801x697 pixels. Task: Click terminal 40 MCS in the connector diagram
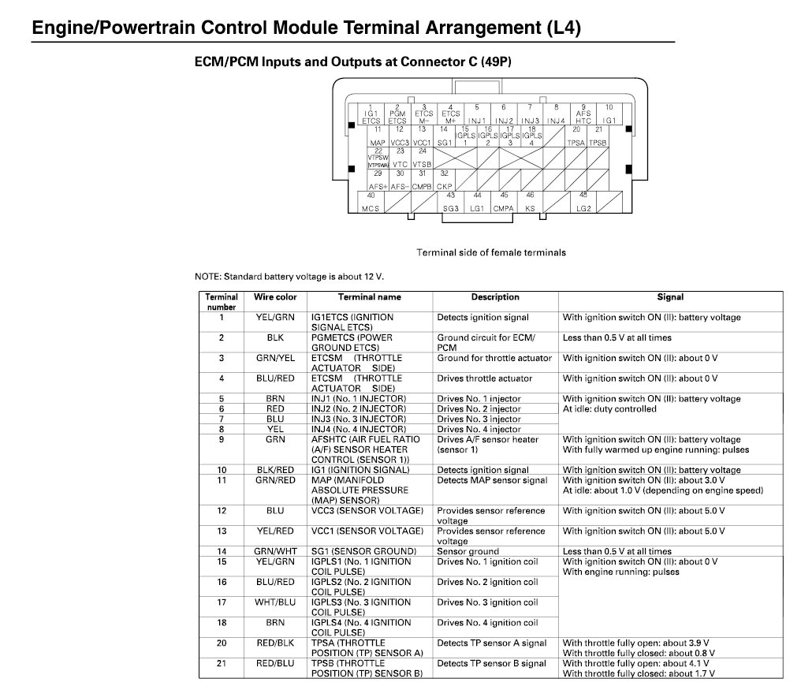pos(371,202)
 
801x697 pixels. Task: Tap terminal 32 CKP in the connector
pos(445,179)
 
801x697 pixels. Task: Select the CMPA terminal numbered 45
pos(503,202)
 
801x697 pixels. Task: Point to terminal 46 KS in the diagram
pos(530,202)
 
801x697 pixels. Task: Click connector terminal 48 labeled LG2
pos(583,202)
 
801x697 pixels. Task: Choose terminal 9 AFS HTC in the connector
pos(583,114)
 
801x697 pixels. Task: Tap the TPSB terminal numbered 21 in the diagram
pos(598,136)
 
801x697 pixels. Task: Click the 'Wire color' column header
pos(275,297)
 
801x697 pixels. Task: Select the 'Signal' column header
pos(670,297)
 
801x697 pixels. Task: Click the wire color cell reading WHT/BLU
pos(275,602)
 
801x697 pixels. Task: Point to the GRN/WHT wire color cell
pos(275,551)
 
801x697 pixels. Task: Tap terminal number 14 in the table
pos(222,551)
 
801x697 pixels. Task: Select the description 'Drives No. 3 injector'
pos(479,419)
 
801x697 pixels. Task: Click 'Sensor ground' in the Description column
pos(468,551)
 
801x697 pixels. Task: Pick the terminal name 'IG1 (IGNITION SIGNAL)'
pos(360,470)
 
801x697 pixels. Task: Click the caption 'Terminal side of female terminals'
pos(490,252)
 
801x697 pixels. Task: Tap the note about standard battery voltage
pos(289,277)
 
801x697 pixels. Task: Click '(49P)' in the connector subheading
pos(491,61)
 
